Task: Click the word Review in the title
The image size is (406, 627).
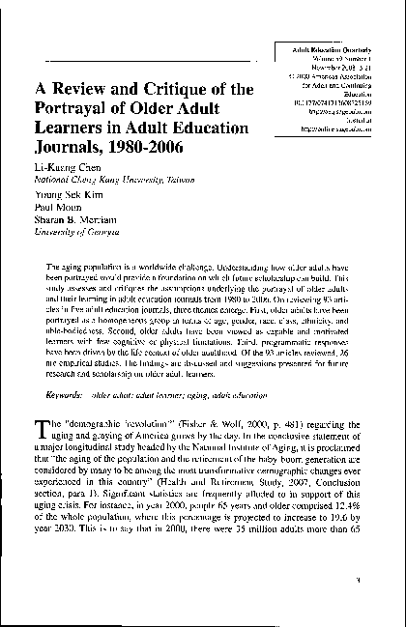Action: pyautogui.click(x=91, y=91)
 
